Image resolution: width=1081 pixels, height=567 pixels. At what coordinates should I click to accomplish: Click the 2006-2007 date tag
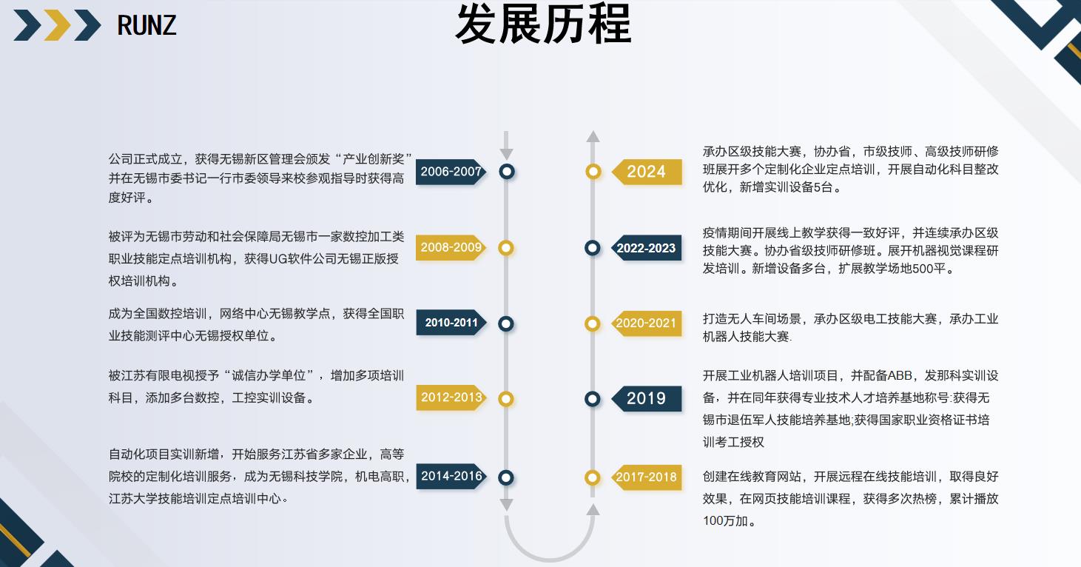[x=451, y=172]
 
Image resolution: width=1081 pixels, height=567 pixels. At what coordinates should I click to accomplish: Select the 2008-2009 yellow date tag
[x=451, y=248]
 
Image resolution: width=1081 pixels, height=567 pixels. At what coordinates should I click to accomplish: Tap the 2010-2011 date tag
[x=451, y=323]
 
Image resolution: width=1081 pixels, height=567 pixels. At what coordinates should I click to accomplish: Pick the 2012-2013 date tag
[x=451, y=398]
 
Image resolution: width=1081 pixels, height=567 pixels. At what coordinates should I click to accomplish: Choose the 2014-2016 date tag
[x=451, y=477]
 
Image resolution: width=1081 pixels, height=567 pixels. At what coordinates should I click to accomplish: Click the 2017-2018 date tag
[x=647, y=477]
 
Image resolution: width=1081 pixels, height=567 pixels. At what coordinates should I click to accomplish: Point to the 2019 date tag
[x=647, y=399]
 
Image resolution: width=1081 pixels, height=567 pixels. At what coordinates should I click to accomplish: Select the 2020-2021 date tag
[x=647, y=323]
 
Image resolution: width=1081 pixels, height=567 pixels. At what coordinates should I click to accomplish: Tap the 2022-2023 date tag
[x=647, y=249]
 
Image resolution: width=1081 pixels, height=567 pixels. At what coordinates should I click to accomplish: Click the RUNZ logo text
[x=147, y=26]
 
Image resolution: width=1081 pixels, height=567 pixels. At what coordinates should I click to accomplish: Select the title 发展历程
[x=542, y=24]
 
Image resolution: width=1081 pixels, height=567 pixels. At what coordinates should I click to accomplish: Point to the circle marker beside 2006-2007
[x=506, y=172]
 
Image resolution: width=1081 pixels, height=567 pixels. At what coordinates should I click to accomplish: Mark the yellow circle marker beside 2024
[x=593, y=172]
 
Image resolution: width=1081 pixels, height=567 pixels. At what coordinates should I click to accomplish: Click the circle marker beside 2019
[x=593, y=399]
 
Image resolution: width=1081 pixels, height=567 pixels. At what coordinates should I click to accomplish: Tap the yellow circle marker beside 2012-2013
[x=506, y=399]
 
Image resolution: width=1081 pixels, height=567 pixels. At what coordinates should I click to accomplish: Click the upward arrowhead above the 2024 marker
[x=593, y=136]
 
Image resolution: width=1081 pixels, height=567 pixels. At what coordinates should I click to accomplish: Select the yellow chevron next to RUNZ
[x=57, y=26]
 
